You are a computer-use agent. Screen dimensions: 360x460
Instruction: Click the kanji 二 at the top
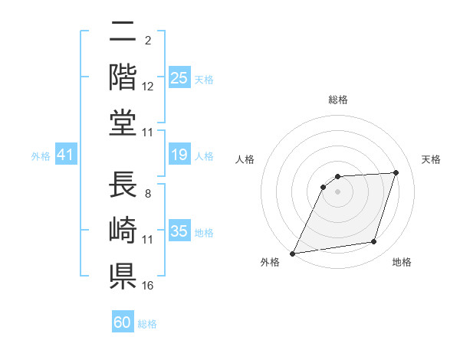[x=123, y=34]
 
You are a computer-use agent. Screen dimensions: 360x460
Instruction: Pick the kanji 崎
[x=123, y=230]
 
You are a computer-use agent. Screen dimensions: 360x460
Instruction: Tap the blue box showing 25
[x=179, y=78]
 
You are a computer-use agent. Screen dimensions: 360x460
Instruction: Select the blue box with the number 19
[x=179, y=155]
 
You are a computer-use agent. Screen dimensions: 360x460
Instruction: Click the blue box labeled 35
[x=179, y=231]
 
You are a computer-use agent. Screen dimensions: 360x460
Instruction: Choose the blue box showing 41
[x=65, y=155]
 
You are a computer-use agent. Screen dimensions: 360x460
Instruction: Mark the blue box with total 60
[x=123, y=322]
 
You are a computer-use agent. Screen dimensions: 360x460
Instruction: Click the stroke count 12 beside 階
[x=148, y=87]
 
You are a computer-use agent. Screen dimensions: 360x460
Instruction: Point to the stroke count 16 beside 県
[x=148, y=286]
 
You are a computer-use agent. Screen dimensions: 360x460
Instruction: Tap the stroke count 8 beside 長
[x=148, y=193]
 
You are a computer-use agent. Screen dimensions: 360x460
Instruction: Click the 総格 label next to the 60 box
[x=147, y=324]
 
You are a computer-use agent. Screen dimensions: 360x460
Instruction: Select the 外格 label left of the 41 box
[x=41, y=156]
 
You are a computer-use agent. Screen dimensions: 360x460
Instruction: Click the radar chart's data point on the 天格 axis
[x=396, y=172]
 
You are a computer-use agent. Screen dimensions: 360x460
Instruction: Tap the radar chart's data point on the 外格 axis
[x=292, y=254]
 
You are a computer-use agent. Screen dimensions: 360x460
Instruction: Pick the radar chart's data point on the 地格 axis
[x=374, y=242]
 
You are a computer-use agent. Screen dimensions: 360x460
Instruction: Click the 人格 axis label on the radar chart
[x=245, y=159]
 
